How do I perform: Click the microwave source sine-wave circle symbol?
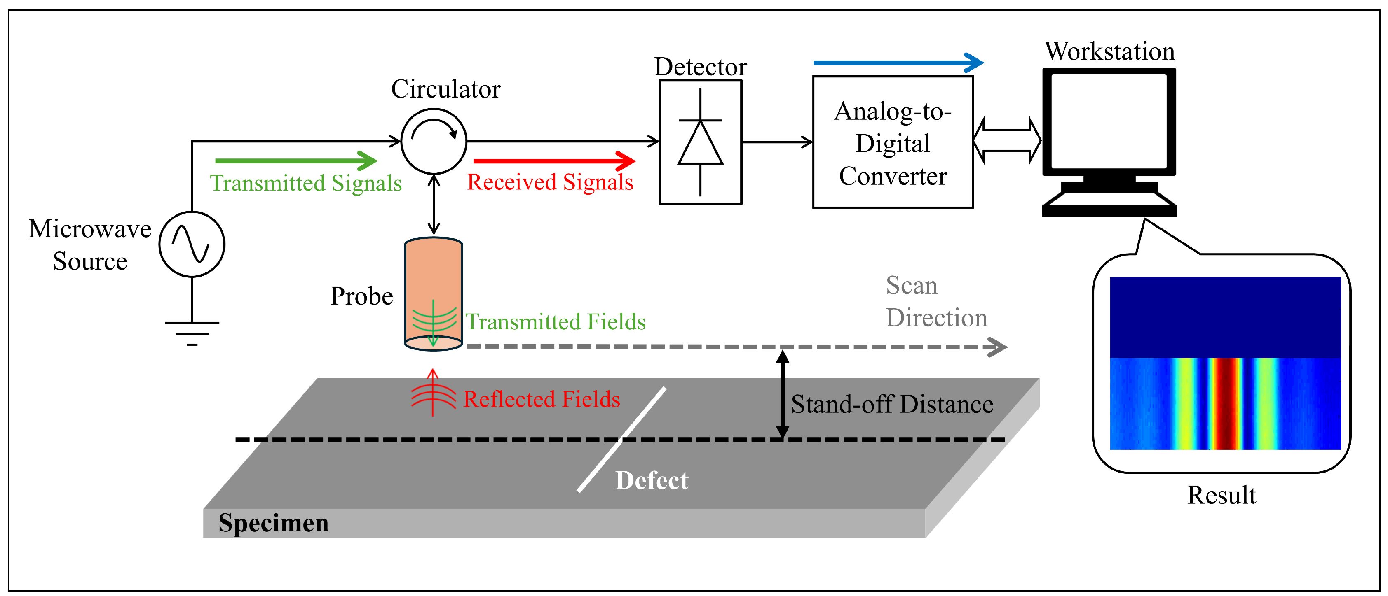click(x=192, y=244)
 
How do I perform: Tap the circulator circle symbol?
click(x=434, y=142)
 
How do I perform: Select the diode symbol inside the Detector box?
click(x=700, y=143)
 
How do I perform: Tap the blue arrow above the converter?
click(x=897, y=63)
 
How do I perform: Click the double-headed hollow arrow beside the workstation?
click(x=1006, y=141)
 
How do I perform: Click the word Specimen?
click(x=273, y=522)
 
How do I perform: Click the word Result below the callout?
click(x=1221, y=495)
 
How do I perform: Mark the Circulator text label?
click(x=445, y=89)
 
